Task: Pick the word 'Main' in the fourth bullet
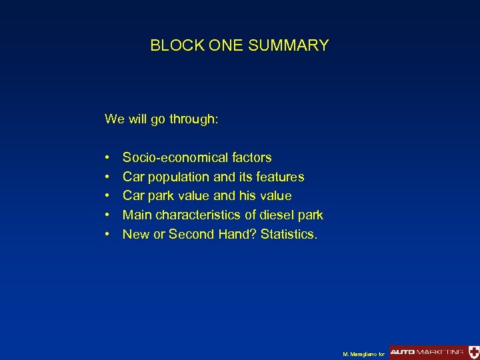[x=137, y=215]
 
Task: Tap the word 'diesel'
[x=278, y=215]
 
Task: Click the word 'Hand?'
[x=237, y=234]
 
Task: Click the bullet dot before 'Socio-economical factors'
[x=107, y=159]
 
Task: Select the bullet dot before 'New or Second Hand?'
[x=107, y=235]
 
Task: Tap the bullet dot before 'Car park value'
[x=107, y=197]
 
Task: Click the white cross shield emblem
[x=473, y=351]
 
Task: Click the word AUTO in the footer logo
[x=403, y=351]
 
